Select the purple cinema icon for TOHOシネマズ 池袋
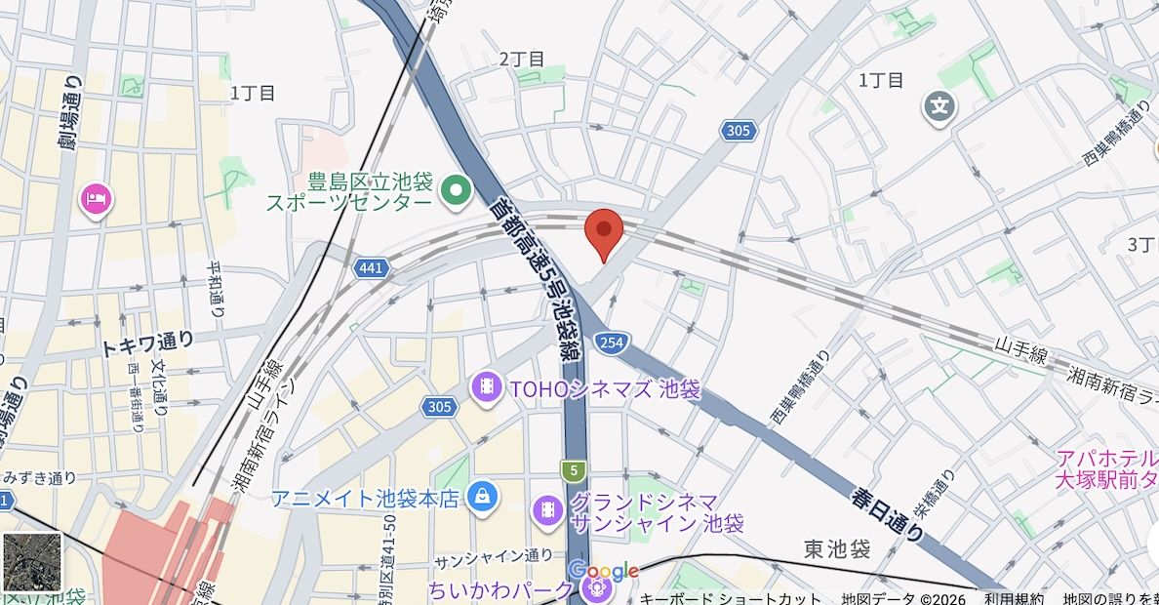click(x=486, y=388)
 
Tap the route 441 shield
click(x=372, y=267)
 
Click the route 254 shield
click(x=611, y=343)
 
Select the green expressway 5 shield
click(x=575, y=471)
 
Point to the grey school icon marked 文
click(x=939, y=106)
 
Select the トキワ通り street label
click(x=147, y=343)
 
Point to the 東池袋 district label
click(x=837, y=549)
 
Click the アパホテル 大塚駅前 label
click(x=1107, y=468)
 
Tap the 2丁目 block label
click(x=522, y=59)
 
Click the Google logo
click(x=603, y=571)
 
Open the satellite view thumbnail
click(x=32, y=561)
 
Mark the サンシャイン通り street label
click(x=494, y=558)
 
